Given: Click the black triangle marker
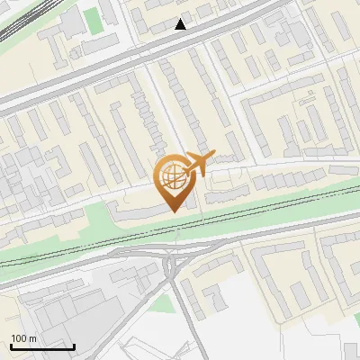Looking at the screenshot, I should (181, 24).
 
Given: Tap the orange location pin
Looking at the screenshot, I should (172, 183).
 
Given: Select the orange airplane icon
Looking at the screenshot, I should (199, 164).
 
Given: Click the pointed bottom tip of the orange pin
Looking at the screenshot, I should (172, 211).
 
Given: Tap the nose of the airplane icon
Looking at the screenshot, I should (213, 155).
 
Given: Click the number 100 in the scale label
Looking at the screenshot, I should (18, 338).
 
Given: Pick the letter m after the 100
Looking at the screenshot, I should (31, 339).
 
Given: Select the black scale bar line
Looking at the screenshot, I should (42, 346).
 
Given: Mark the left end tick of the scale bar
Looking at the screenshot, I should (11, 345).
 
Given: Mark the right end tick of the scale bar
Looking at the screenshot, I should (74, 345).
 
